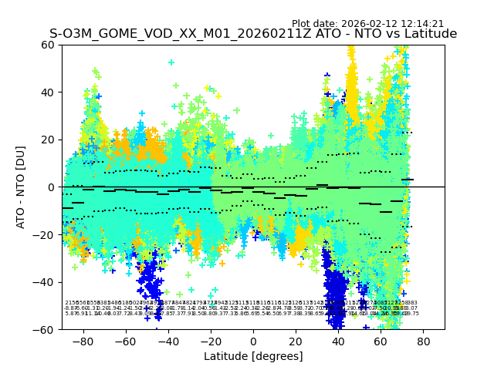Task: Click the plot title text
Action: [253, 34]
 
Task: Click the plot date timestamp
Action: [367, 24]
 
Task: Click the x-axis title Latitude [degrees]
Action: [253, 356]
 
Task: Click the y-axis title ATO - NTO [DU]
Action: [22, 187]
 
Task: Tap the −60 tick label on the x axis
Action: [125, 341]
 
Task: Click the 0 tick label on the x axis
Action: [253, 341]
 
